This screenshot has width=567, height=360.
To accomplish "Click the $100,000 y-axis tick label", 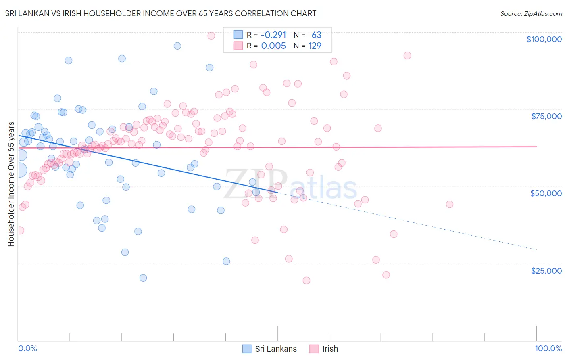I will (x=544, y=39).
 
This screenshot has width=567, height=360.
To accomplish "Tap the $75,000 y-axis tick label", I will (x=546, y=116).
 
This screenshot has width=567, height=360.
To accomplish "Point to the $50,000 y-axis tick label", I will (x=546, y=193).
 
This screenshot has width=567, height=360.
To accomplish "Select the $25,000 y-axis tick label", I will (x=546, y=271).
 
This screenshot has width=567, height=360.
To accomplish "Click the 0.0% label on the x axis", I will (x=27, y=348).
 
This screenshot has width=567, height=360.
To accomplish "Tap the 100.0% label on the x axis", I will (x=548, y=348).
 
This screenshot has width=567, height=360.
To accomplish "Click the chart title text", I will (x=161, y=13).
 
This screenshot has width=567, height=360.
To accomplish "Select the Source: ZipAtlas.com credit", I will (x=531, y=13).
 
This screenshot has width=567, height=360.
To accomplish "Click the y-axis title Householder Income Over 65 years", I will (x=11, y=184).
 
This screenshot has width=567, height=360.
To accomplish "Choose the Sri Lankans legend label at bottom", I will (x=276, y=349).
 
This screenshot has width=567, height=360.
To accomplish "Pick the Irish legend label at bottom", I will (x=330, y=349).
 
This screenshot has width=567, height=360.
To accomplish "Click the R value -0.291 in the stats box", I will (x=273, y=35).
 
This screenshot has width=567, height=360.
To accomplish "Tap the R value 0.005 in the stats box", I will (x=273, y=46).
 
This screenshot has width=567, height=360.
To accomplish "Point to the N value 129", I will (x=315, y=46).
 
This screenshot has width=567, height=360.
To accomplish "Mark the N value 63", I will (x=316, y=35).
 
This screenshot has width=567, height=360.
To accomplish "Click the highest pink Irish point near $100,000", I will (x=211, y=36).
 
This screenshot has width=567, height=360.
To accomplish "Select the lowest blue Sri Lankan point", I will (x=143, y=278).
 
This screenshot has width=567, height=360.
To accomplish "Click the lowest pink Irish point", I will (x=306, y=280).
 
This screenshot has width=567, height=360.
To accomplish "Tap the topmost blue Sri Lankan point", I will (x=177, y=46).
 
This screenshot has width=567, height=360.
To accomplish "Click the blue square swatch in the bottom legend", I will (x=246, y=349).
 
